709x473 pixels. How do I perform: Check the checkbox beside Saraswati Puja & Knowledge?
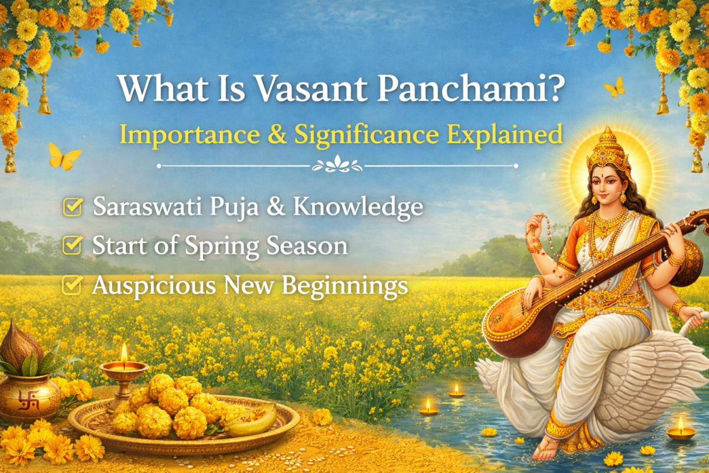72,207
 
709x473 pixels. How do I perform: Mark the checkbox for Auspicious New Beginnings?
72,285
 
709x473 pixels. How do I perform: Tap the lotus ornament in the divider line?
337,166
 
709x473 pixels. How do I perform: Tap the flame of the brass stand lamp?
124,353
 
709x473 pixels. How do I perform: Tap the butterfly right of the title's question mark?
614,88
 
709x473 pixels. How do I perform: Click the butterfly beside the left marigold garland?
64,156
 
